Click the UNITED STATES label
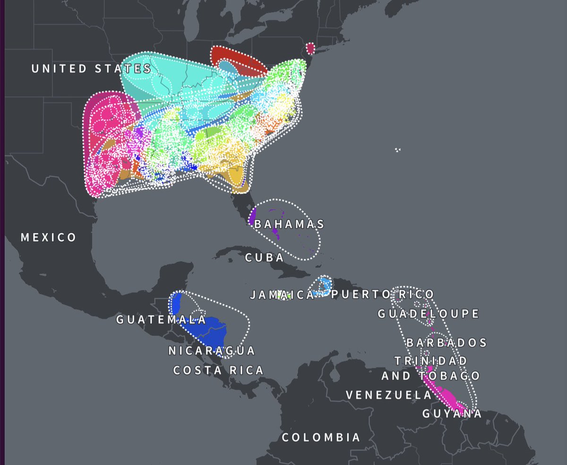click(91, 68)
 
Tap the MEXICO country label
click(48, 237)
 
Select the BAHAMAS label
click(289, 224)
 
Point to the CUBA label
click(265, 257)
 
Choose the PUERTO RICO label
click(382, 295)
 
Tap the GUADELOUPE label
click(429, 313)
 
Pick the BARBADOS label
click(446, 342)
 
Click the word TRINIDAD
click(431, 361)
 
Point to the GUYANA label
click(452, 414)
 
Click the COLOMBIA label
click(321, 437)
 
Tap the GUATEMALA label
click(161, 320)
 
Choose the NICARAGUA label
click(212, 351)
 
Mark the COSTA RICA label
click(218, 370)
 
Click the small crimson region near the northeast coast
click(310, 48)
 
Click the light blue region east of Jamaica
click(325, 285)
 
